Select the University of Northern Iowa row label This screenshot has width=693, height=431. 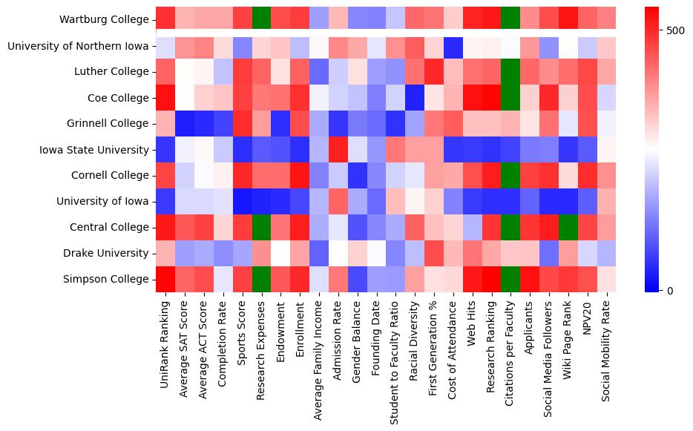tap(78, 46)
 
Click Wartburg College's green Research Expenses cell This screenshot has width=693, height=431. tap(260, 20)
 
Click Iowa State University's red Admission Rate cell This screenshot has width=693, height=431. tap(337, 150)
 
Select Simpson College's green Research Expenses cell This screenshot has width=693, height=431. tap(260, 279)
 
